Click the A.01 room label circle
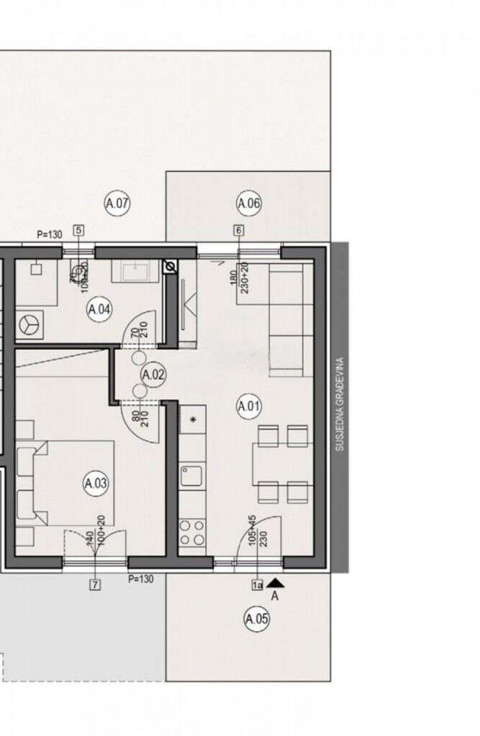pos(248,407)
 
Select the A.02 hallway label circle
pos(153,374)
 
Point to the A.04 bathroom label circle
pos(99,310)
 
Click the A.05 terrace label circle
pos(257,618)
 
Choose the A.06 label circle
pos(248,204)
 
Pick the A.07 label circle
pos(117,204)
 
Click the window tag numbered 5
pos(78,231)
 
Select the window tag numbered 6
pos(239,231)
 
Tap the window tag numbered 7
pos(95,585)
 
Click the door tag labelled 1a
pos(257,585)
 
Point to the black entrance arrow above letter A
pos(278,584)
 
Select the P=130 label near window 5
pos(51,234)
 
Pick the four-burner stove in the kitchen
pos(191,532)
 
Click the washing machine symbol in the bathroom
pos(30,324)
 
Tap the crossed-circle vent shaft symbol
pos(171,267)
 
